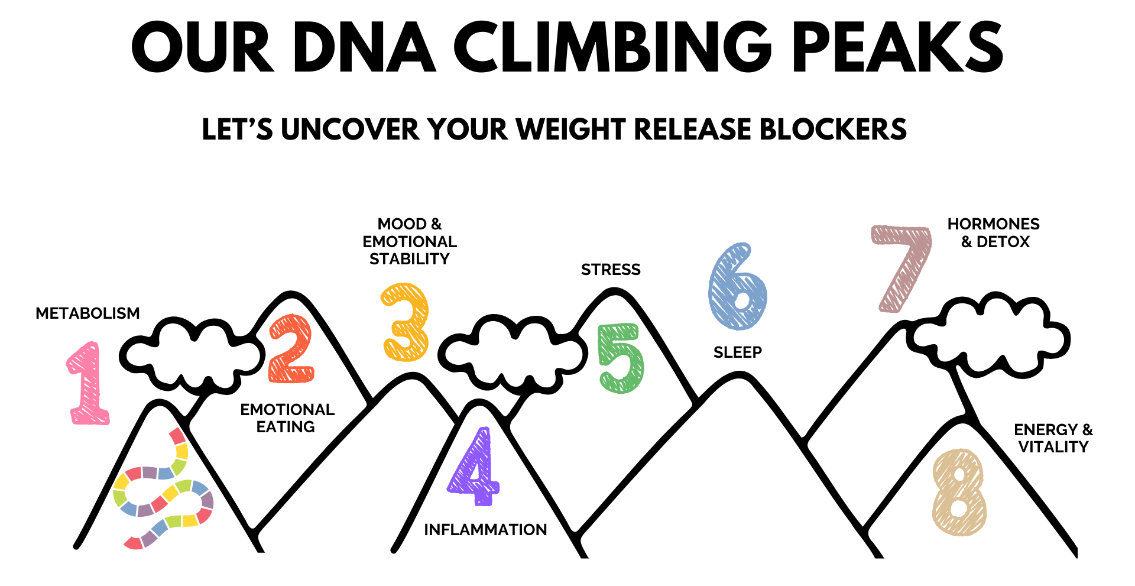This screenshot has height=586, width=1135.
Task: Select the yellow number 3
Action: click(406, 322)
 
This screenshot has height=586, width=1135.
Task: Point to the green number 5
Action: click(621, 358)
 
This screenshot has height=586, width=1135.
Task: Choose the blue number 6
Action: click(737, 287)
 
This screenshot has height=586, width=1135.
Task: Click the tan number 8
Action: click(959, 493)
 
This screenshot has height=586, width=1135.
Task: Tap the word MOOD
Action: click(402, 224)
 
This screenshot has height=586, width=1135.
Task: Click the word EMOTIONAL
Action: click(410, 242)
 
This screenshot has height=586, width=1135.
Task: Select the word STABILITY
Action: click(410, 259)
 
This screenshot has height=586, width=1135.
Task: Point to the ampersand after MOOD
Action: click(436, 224)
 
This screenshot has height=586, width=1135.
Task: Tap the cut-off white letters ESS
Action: click(622, 270)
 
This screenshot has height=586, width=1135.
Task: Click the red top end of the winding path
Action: click(177, 435)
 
